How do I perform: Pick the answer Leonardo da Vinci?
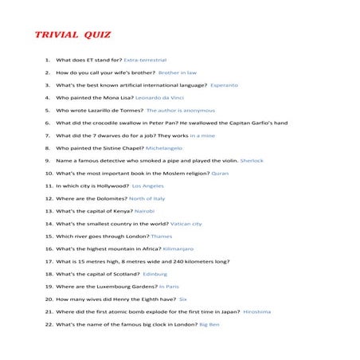[166, 97]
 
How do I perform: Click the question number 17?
[48, 261]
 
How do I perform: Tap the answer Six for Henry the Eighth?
[183, 299]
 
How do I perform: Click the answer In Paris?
[169, 287]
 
